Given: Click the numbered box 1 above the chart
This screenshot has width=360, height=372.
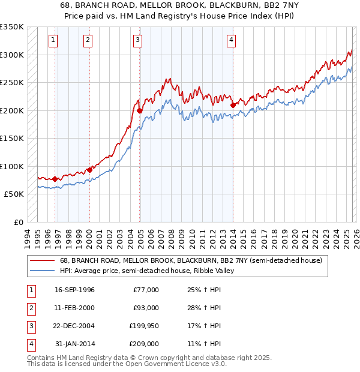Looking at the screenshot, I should click(x=53, y=40).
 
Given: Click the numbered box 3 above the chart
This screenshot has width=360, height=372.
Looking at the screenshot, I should click(x=138, y=40).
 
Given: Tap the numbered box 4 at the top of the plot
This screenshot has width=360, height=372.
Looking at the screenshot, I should click(x=231, y=40).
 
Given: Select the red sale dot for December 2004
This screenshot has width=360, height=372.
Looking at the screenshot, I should click(x=139, y=110).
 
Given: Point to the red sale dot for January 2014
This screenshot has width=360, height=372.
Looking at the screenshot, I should click(x=233, y=106).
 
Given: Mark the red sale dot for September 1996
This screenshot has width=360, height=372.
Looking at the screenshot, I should click(x=55, y=179).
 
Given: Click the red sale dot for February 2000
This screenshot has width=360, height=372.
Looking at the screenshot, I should click(x=89, y=170).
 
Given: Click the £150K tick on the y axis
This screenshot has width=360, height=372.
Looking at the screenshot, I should click(x=12, y=138).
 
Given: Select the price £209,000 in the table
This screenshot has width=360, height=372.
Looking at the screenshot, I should click(x=144, y=344).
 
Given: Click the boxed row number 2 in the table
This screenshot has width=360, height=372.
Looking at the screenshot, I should click(x=30, y=308).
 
